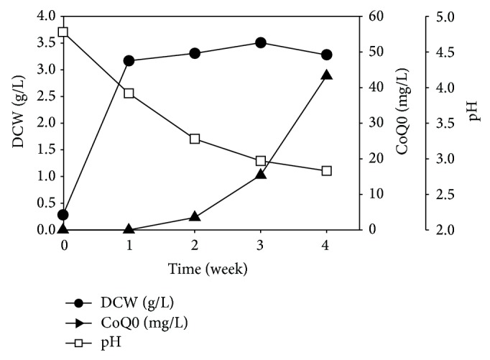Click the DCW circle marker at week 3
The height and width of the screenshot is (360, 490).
tap(261, 43)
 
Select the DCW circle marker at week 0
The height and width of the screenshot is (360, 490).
tap(63, 214)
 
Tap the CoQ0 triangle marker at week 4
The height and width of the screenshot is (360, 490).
tap(326, 75)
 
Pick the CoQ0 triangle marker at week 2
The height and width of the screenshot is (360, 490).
tap(195, 216)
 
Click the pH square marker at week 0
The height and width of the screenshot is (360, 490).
tap(63, 32)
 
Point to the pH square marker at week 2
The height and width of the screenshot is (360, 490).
tap(195, 139)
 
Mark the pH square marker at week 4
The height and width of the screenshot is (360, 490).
tap(326, 171)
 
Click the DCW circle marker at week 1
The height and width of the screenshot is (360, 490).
tap(129, 60)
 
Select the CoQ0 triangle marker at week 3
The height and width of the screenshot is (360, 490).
tap(261, 174)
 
